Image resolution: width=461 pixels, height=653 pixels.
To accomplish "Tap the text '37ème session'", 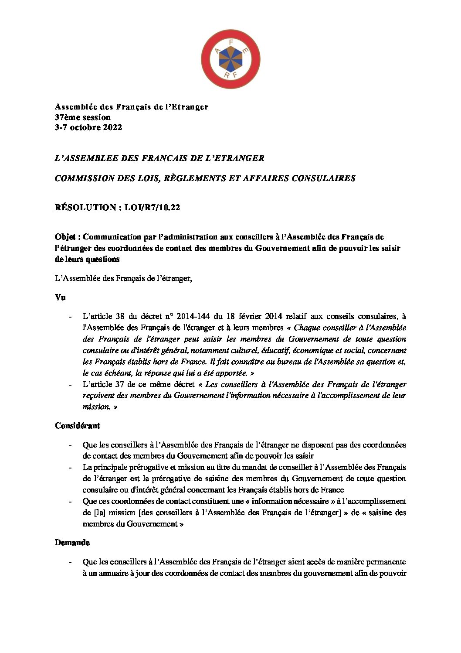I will click(82, 117).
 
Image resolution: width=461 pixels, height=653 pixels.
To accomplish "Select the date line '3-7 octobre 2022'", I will click(88, 127).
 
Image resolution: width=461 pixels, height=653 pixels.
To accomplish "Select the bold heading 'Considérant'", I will click(77, 425).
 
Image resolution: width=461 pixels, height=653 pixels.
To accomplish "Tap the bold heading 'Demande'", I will click(72, 543).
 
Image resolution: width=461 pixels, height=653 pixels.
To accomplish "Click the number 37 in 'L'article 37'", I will click(122, 384).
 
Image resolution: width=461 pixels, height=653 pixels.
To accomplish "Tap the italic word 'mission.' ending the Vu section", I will click(96, 407).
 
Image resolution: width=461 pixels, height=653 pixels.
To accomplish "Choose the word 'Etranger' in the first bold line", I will click(190, 107).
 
